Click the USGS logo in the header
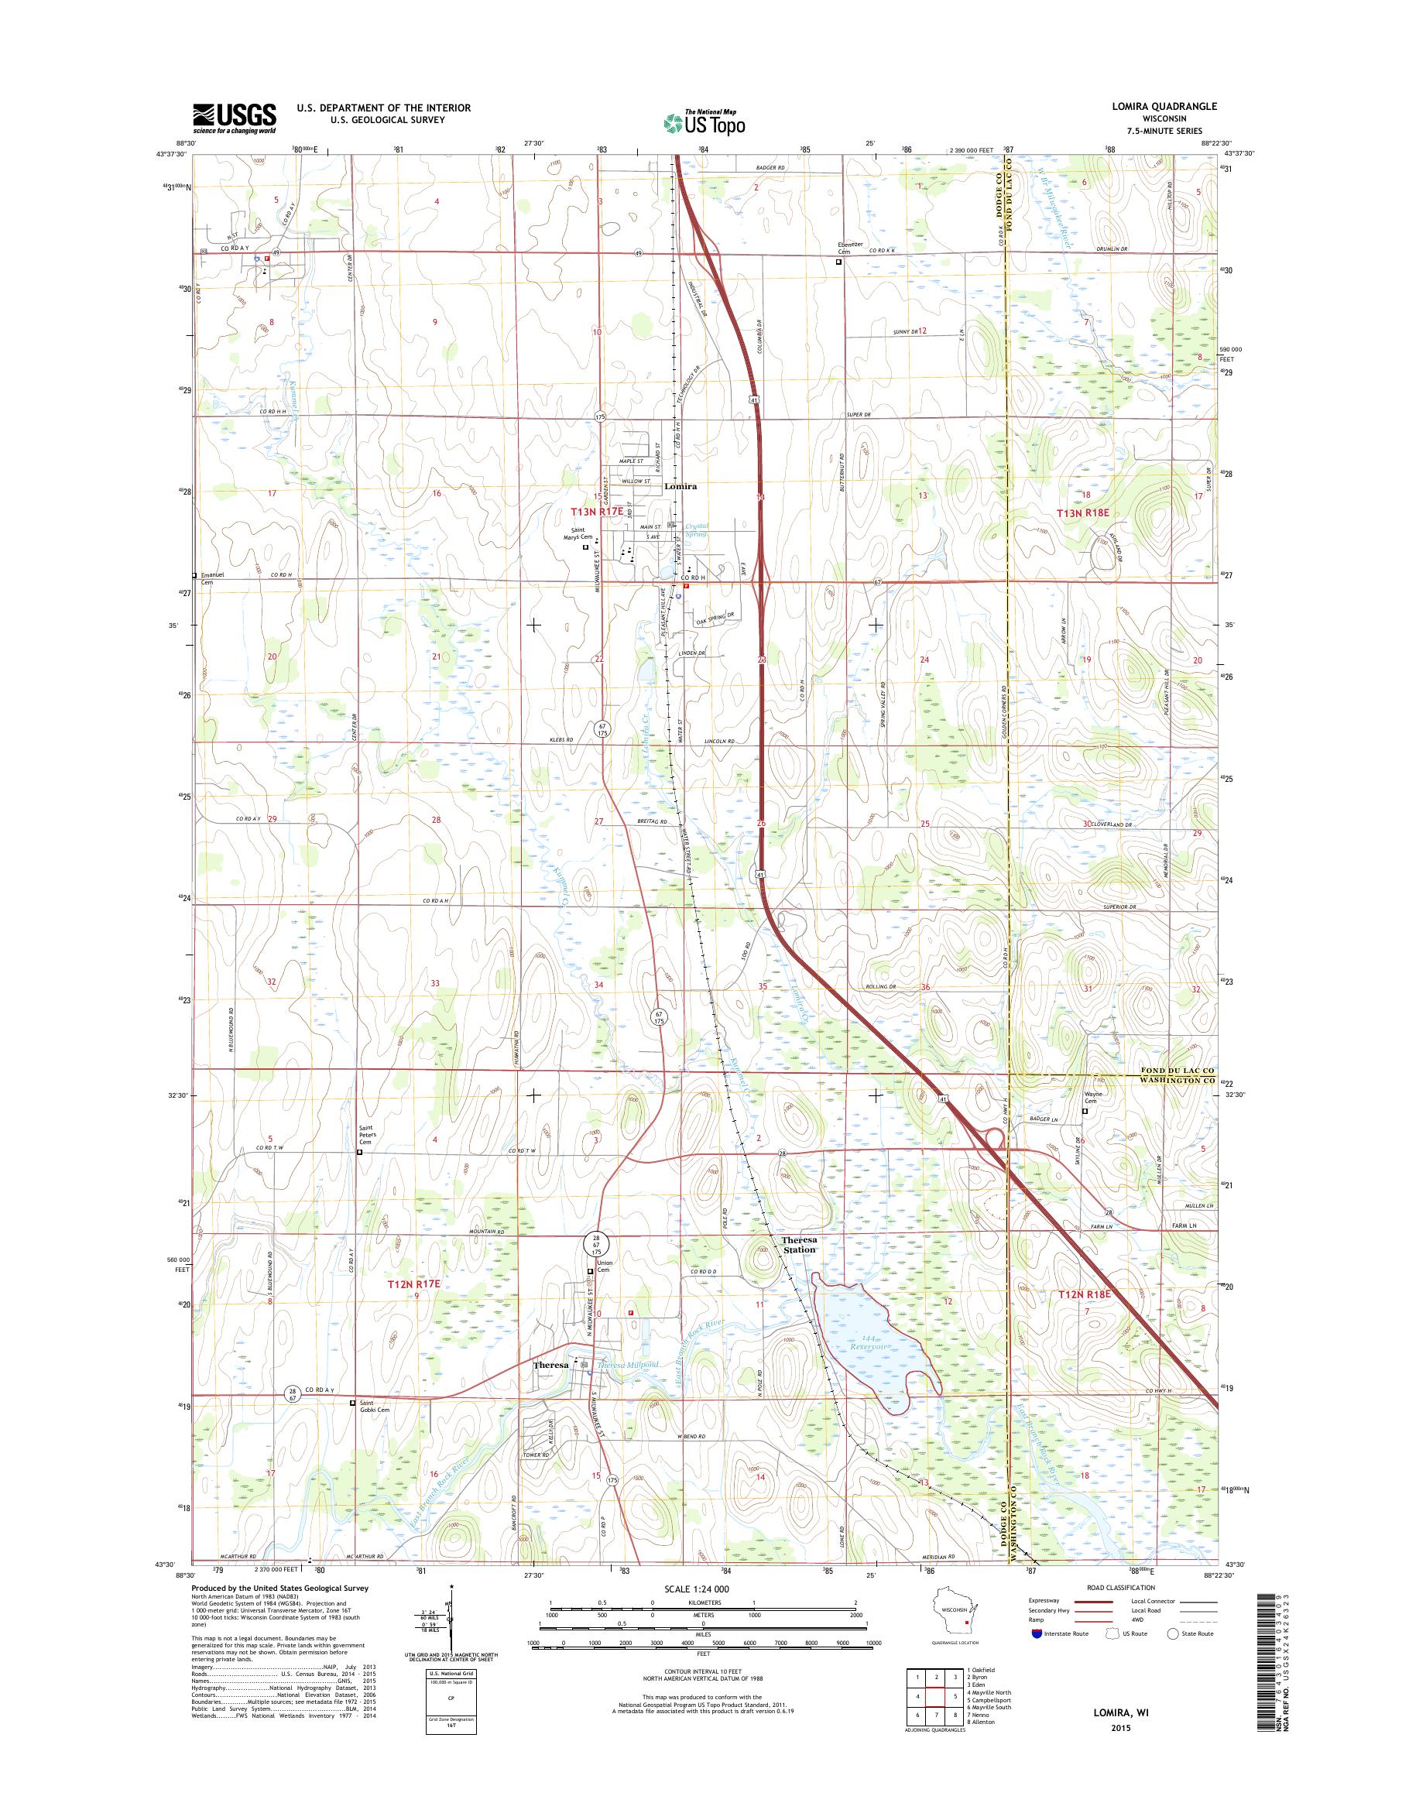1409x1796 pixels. coord(235,118)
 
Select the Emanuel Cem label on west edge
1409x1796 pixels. coord(207,578)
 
